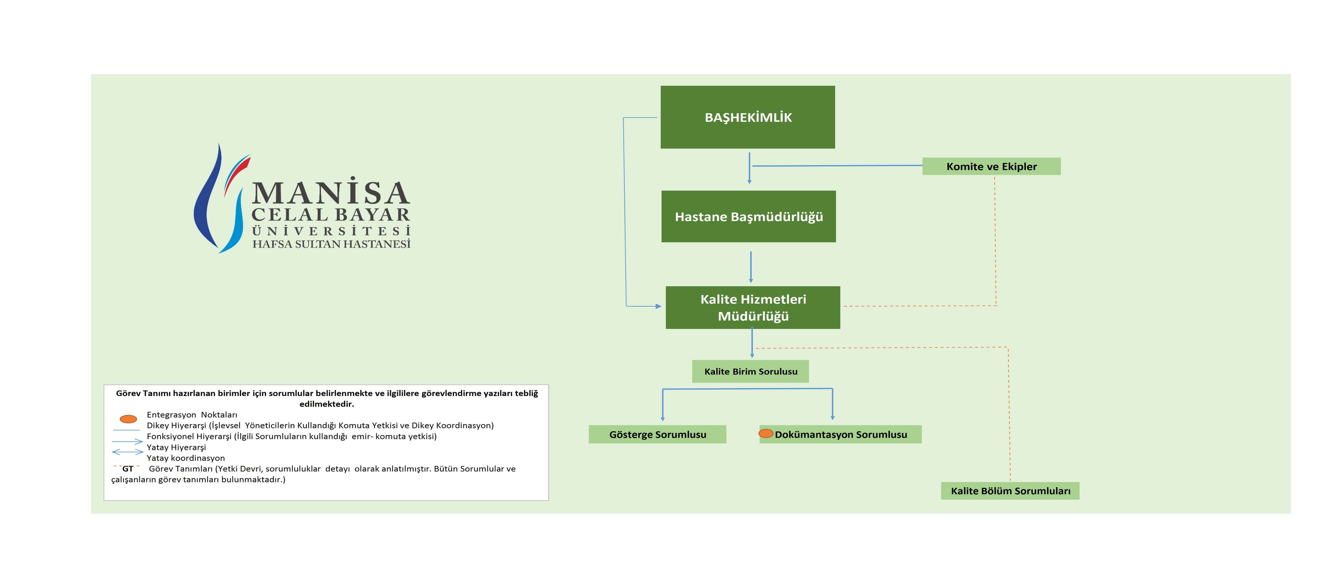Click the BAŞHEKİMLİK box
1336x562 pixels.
747,117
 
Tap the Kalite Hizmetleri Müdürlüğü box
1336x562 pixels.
753,307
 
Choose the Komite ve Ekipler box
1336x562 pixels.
991,166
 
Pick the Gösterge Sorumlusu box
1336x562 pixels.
657,434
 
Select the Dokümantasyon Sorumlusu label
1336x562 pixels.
841,434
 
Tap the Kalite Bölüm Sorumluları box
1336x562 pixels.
1010,491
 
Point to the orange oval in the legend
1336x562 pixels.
128,419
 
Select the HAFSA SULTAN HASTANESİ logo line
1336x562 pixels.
331,244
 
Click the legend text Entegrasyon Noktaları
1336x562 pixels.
192,415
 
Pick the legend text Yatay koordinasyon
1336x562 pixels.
186,458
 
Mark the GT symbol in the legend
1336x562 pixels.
128,469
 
